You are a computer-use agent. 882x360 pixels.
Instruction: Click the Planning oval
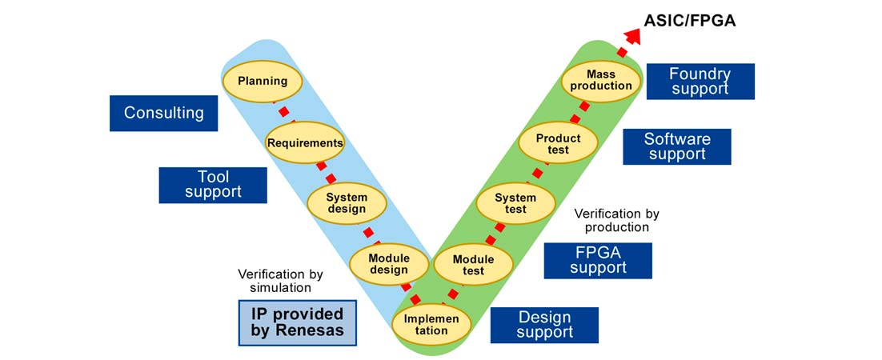[x=262, y=81]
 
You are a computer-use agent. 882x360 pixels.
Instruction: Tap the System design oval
[x=347, y=203]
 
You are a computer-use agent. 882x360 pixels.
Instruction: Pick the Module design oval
[x=389, y=264]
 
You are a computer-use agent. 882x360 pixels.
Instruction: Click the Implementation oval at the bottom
[x=431, y=324]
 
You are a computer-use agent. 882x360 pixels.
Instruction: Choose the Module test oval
[x=473, y=265]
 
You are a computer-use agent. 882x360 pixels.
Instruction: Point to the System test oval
[x=515, y=203]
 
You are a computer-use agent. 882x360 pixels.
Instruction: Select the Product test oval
[x=558, y=144]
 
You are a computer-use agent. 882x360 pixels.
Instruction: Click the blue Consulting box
[x=163, y=113]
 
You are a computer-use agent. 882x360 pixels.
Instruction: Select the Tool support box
[x=213, y=184]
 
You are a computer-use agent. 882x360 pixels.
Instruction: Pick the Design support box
[x=544, y=325]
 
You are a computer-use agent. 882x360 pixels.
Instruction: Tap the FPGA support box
[x=598, y=260]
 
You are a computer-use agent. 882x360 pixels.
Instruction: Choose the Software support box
[x=677, y=146]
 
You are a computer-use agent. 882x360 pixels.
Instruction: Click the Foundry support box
[x=700, y=82]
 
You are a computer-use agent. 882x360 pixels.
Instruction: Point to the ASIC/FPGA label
[x=689, y=21]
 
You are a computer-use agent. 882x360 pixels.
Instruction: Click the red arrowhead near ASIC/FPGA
[x=631, y=34]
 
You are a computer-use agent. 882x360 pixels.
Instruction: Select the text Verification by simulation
[x=275, y=281]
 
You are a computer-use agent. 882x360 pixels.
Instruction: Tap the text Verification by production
[x=616, y=220]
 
